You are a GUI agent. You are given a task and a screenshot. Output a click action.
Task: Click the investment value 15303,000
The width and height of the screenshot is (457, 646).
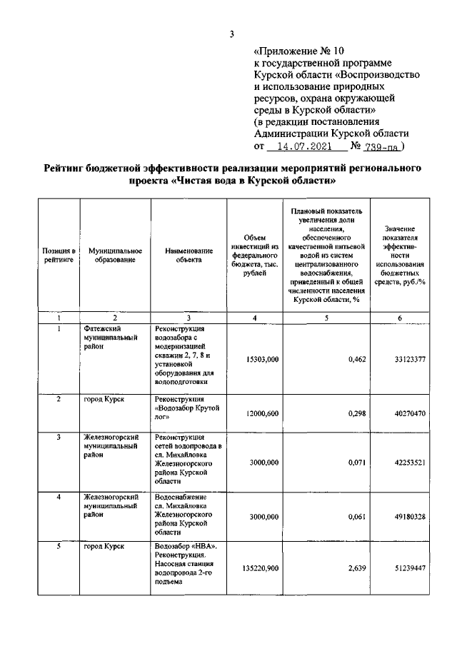(x=260, y=359)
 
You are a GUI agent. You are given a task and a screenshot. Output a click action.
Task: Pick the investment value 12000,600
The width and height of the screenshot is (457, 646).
(x=260, y=413)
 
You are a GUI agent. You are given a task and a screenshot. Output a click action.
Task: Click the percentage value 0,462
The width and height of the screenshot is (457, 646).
(x=356, y=359)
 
